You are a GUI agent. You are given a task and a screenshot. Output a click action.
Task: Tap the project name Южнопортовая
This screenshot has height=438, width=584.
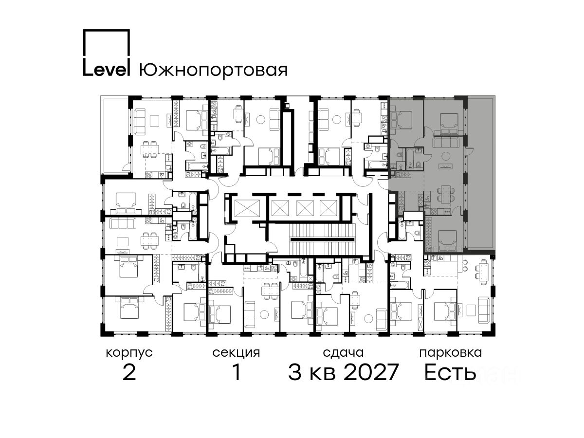click(213, 70)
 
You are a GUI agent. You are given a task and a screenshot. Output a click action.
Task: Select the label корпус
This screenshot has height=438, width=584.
click(129, 353)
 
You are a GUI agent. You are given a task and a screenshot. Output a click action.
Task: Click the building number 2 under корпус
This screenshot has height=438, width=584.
click(129, 372)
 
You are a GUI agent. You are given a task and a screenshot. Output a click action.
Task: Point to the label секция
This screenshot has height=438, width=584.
click(236, 353)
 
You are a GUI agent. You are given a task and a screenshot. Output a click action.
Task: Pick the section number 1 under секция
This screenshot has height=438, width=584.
click(237, 372)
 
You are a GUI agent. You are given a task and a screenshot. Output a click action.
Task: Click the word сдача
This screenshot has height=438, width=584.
click(343, 353)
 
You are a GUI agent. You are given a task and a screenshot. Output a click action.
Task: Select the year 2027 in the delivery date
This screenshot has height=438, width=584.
click(371, 372)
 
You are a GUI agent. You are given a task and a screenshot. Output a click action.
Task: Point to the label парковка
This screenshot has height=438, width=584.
click(451, 353)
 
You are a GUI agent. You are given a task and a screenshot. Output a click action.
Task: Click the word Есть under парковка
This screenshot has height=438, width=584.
click(450, 372)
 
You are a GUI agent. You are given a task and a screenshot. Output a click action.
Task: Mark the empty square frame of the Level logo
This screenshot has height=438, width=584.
click(107, 30)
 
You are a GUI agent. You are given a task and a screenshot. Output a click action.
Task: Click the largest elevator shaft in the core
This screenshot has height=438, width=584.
click(247, 208)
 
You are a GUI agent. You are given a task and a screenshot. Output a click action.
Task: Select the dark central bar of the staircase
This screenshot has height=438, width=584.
click(323, 239)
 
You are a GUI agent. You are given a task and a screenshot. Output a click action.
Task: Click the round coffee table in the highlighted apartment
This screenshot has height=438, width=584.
click(445, 155)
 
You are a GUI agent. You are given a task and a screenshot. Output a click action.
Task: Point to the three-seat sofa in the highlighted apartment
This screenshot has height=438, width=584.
click(446, 142)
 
